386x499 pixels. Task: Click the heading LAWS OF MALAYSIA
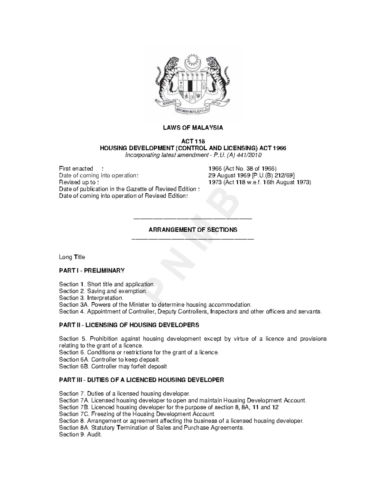pos(193,128)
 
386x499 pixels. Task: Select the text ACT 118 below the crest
pos(193,141)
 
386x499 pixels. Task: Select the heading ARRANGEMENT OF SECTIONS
pos(193,230)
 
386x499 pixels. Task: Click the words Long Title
pos(72,257)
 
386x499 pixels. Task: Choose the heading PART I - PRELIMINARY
pos(92,271)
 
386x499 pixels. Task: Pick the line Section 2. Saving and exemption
pos(103,291)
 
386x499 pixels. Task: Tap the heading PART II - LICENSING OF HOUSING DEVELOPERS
pos(129,325)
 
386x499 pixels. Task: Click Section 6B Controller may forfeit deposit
pos(113,366)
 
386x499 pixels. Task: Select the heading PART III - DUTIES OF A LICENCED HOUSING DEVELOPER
pos(142,380)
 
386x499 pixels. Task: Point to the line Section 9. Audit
pos(80,434)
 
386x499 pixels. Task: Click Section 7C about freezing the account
pos(137,414)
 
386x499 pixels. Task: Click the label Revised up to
pos(77,182)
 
